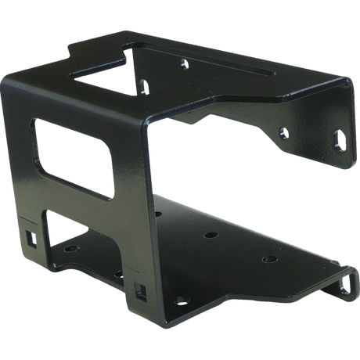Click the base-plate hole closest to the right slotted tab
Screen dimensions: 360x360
coord(269,257)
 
